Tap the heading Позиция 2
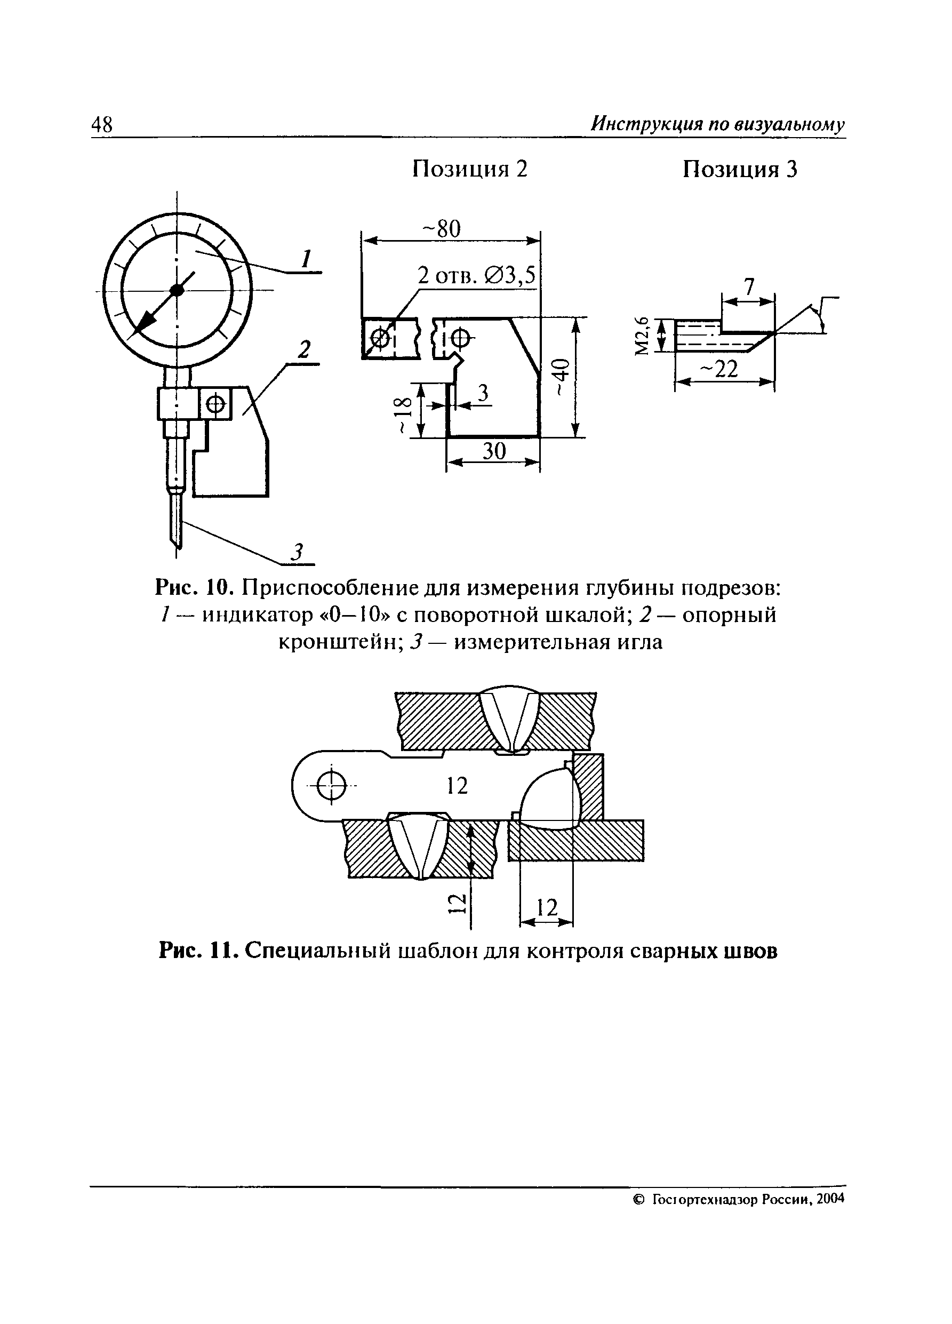(x=469, y=169)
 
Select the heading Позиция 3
(x=740, y=170)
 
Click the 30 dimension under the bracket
(x=494, y=451)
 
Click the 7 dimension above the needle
(x=749, y=286)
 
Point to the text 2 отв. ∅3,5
(x=476, y=274)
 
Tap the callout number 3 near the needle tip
(x=298, y=551)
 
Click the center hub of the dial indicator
(x=177, y=290)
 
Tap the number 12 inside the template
(x=457, y=786)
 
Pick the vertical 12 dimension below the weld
(x=457, y=904)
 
